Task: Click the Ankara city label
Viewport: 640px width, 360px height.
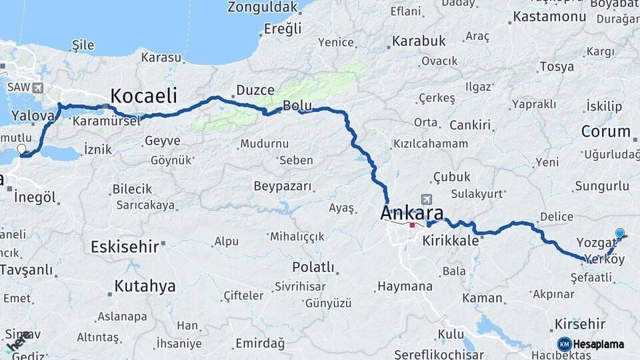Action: tap(411, 213)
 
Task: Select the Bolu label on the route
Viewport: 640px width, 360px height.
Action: tap(297, 105)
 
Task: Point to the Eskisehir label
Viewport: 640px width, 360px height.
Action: tap(125, 246)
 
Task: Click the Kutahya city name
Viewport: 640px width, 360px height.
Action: tap(145, 287)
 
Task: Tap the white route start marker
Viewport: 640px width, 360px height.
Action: tap(21, 149)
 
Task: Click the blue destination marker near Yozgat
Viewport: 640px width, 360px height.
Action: tap(620, 233)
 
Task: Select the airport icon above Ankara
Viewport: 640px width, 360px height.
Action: tap(427, 199)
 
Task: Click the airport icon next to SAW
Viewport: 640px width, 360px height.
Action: tap(37, 87)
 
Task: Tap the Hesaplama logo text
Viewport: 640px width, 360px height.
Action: tap(598, 345)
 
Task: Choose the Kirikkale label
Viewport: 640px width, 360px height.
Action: tap(451, 241)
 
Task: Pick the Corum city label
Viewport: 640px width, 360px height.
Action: tap(605, 131)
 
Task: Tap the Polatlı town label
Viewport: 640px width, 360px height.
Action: tap(313, 267)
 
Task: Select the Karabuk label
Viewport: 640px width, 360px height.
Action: tap(419, 41)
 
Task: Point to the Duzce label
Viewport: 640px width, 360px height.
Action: tap(255, 90)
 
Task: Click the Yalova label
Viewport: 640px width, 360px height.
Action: tap(33, 116)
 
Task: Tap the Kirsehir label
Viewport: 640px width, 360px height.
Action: tap(579, 324)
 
